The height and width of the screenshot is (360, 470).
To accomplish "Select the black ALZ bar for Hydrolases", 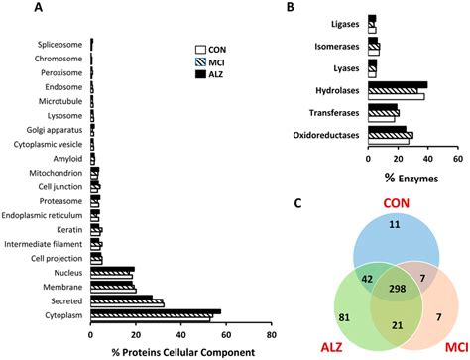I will pos(397,85).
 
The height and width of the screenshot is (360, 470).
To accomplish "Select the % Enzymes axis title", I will pos(410,174).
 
